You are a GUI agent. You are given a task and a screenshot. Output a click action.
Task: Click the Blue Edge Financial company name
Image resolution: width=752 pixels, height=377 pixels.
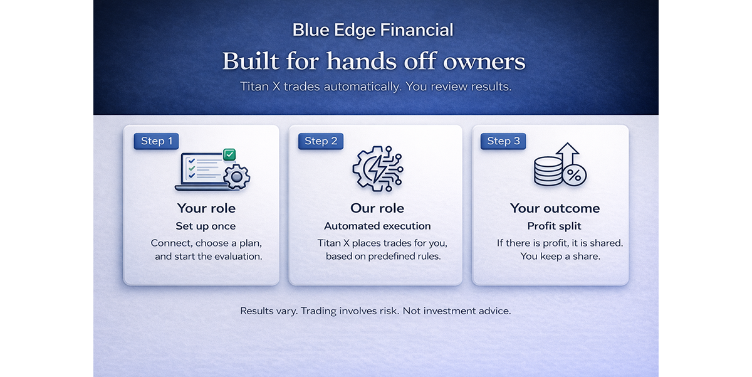point(373,29)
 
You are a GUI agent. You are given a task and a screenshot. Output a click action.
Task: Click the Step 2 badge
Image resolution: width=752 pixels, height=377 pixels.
point(321,141)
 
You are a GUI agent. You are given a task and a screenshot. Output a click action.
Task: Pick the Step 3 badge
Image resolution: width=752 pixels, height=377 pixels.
point(503,141)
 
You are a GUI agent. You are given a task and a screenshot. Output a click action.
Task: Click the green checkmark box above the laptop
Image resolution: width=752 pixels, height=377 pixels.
point(229,154)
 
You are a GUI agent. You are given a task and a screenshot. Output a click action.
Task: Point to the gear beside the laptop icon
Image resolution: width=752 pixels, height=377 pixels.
point(236,177)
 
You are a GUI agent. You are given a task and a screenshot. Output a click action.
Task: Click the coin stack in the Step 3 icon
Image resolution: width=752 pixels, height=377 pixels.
point(548,171)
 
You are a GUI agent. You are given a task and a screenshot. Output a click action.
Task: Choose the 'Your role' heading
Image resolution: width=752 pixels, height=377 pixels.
point(206,208)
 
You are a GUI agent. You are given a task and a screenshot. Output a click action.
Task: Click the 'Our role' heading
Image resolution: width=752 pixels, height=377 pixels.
point(377,208)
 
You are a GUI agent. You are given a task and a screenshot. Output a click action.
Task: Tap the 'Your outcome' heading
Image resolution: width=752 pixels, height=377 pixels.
point(555,208)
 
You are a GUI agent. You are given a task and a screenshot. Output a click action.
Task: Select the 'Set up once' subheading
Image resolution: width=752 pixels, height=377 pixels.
point(206,226)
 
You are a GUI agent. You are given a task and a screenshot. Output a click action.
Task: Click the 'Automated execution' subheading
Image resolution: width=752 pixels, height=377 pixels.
point(377,226)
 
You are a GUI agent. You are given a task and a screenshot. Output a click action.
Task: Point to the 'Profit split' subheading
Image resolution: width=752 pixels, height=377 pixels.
point(555,226)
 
